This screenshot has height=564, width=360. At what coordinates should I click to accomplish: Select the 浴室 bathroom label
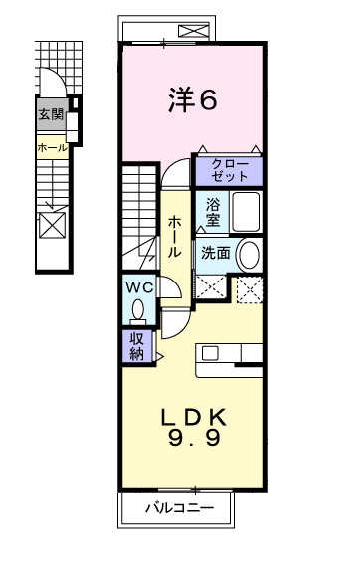pyautogui.click(x=214, y=213)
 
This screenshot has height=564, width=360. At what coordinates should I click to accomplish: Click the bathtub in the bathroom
pyautogui.click(x=245, y=210)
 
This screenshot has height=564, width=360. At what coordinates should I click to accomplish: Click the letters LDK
pyautogui.click(x=193, y=416)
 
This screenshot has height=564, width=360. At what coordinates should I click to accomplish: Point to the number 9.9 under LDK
pyautogui.click(x=193, y=439)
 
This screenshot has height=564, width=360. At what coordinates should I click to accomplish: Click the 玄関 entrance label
pyautogui.click(x=51, y=114)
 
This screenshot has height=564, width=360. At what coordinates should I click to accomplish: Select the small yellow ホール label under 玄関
pyautogui.click(x=51, y=147)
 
